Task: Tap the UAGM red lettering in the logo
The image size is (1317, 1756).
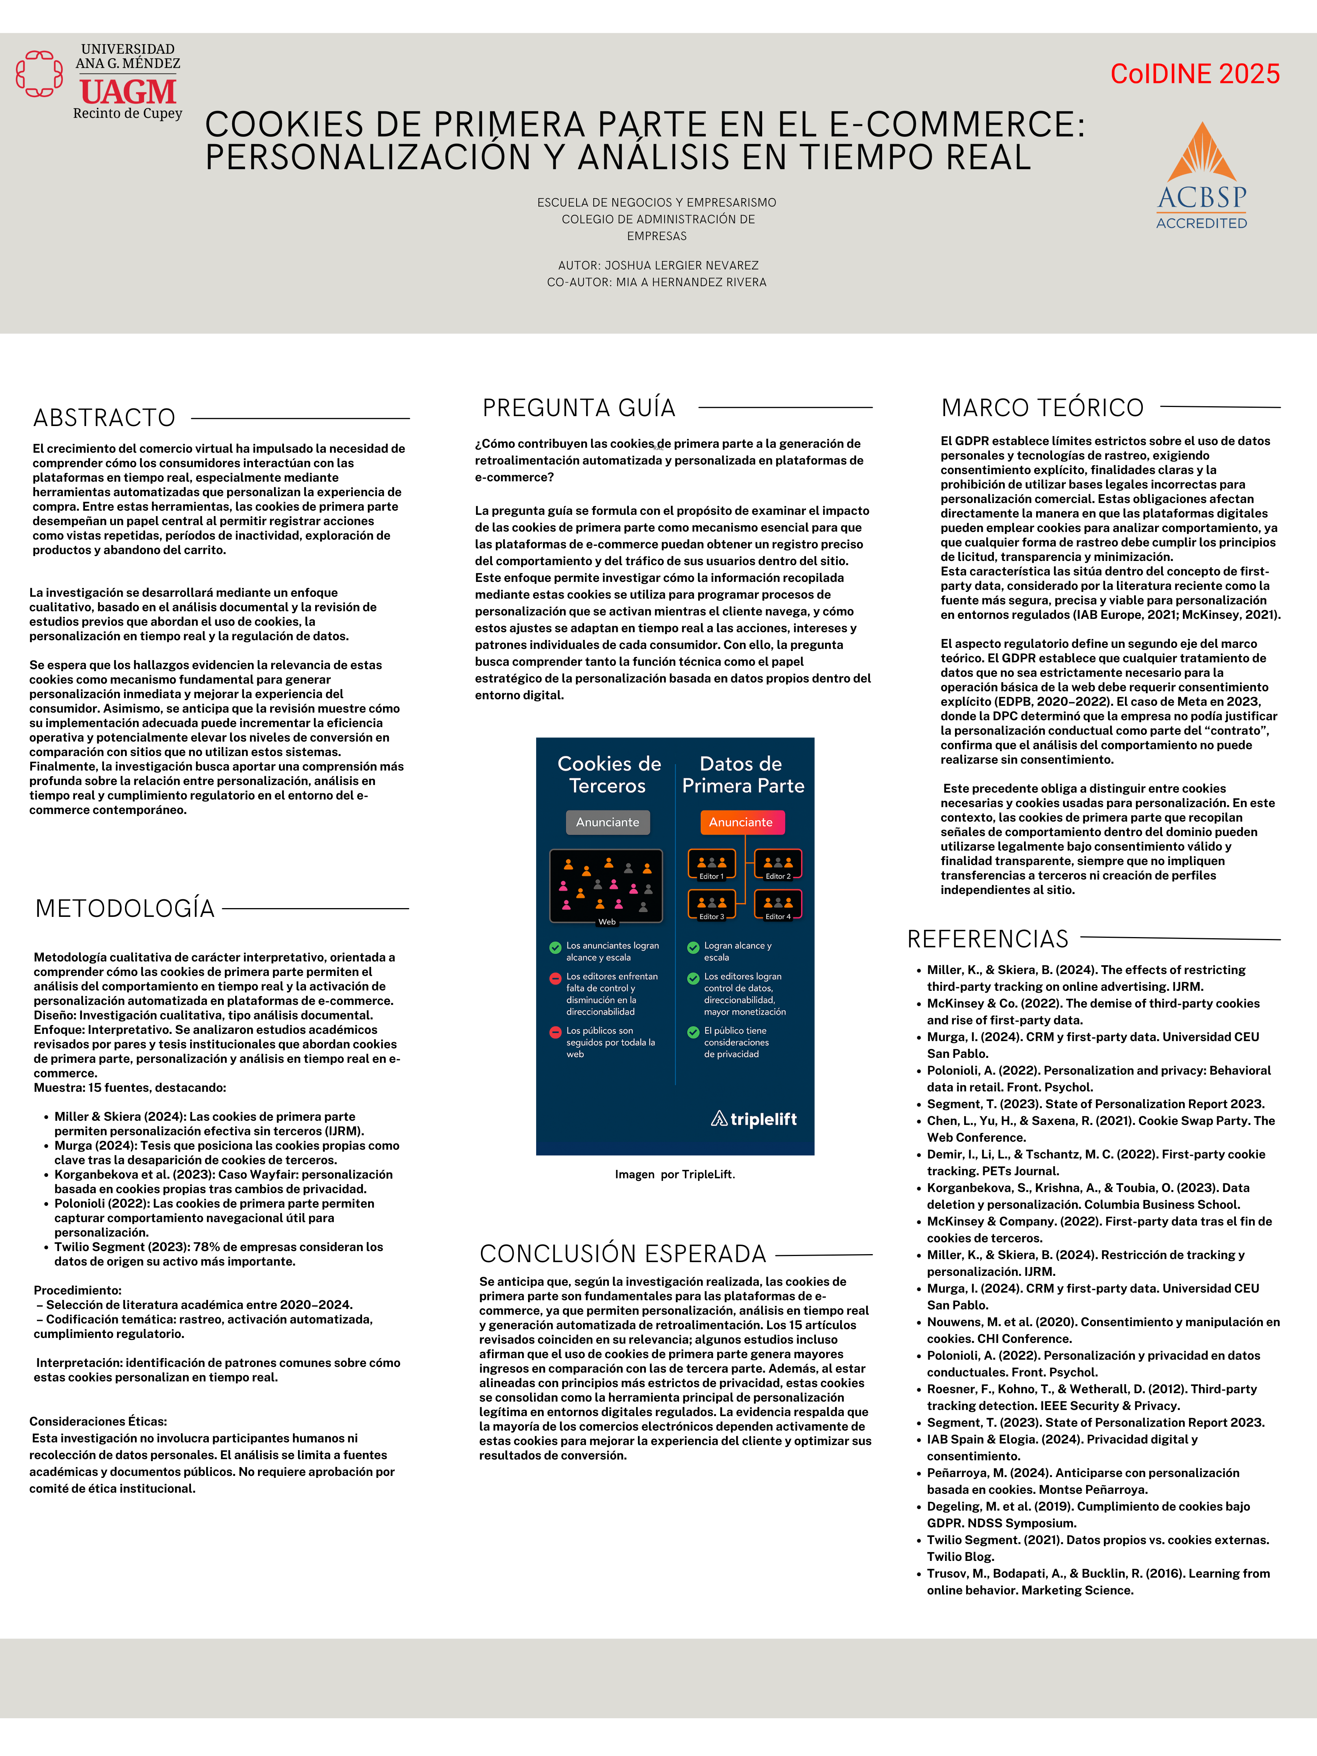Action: (128, 92)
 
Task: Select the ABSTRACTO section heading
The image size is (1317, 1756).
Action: (104, 418)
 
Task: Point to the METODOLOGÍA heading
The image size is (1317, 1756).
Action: (125, 908)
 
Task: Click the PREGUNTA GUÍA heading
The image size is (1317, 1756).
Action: (579, 408)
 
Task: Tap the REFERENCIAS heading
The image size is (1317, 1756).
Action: (987, 939)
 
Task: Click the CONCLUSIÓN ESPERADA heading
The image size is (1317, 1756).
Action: (622, 1253)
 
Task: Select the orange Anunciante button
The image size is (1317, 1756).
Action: (742, 822)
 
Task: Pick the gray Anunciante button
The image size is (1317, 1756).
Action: (607, 822)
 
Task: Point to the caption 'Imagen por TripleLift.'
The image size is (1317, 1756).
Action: (675, 1174)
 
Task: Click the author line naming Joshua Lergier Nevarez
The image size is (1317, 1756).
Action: (657, 265)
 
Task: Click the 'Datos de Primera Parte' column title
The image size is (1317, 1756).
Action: (742, 775)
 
